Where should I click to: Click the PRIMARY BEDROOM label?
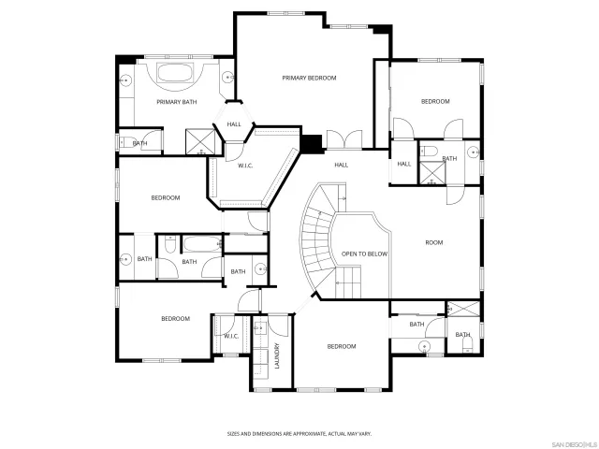[309, 78]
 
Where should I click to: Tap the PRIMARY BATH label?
[176, 101]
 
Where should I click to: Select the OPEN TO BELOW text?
[364, 253]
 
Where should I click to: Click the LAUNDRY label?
[278, 359]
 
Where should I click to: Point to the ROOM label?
[433, 242]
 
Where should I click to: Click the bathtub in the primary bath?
[175, 75]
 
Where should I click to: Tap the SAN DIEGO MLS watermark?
[572, 442]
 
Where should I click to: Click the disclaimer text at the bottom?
[299, 434]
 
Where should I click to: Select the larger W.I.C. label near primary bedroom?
[245, 166]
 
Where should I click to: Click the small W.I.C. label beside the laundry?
[231, 336]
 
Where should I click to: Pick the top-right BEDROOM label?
[435, 101]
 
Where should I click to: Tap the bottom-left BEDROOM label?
[175, 318]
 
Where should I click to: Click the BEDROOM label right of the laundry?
[341, 346]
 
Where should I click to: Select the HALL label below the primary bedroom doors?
[342, 165]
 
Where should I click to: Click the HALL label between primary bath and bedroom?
[234, 123]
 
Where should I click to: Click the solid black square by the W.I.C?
[311, 143]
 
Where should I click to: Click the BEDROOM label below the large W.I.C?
[166, 197]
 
